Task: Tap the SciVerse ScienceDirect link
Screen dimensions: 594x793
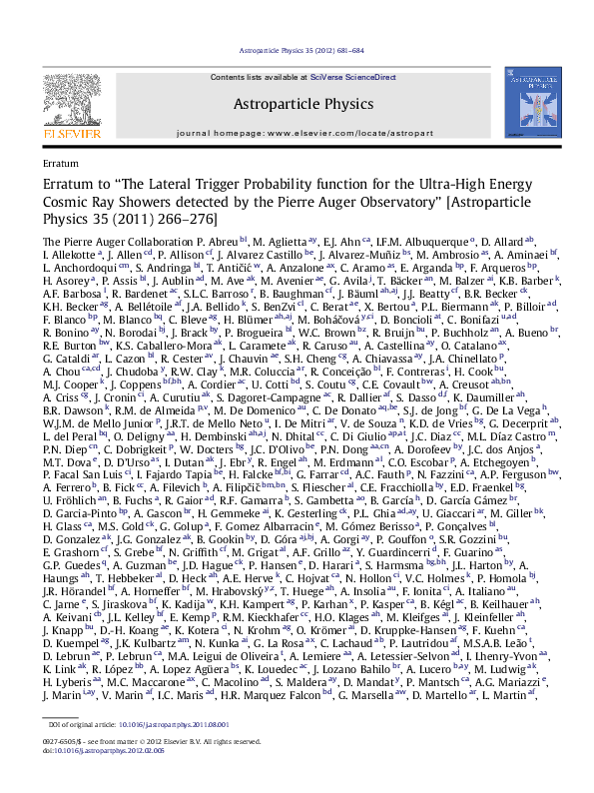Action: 340,76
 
